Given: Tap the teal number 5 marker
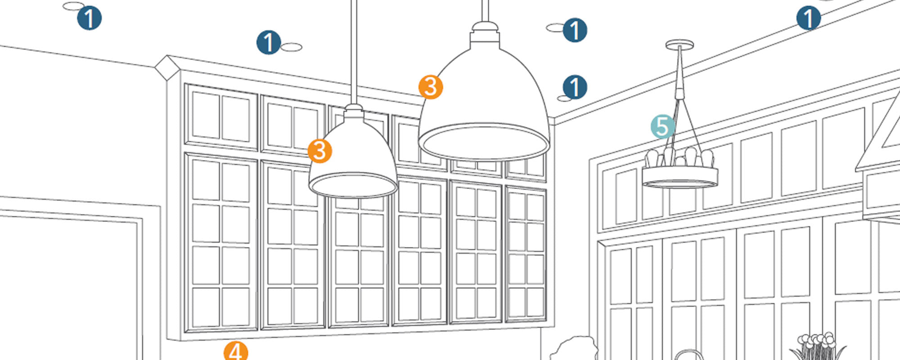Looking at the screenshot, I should (662, 127).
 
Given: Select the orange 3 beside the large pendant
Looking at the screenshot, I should (431, 87).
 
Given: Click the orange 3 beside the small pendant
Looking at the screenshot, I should (320, 151).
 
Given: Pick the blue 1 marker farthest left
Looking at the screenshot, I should (89, 18).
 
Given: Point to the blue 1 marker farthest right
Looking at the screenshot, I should (808, 18).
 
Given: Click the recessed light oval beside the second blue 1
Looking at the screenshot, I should (292, 47).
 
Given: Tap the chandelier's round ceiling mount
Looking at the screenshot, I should (679, 44).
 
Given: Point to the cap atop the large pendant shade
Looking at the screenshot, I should (485, 34).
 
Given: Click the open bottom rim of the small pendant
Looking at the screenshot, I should (353, 185).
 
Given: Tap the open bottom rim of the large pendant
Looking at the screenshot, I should (484, 143).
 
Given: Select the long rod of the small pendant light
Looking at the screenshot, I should (354, 54).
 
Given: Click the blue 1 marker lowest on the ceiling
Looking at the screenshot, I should (575, 87).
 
